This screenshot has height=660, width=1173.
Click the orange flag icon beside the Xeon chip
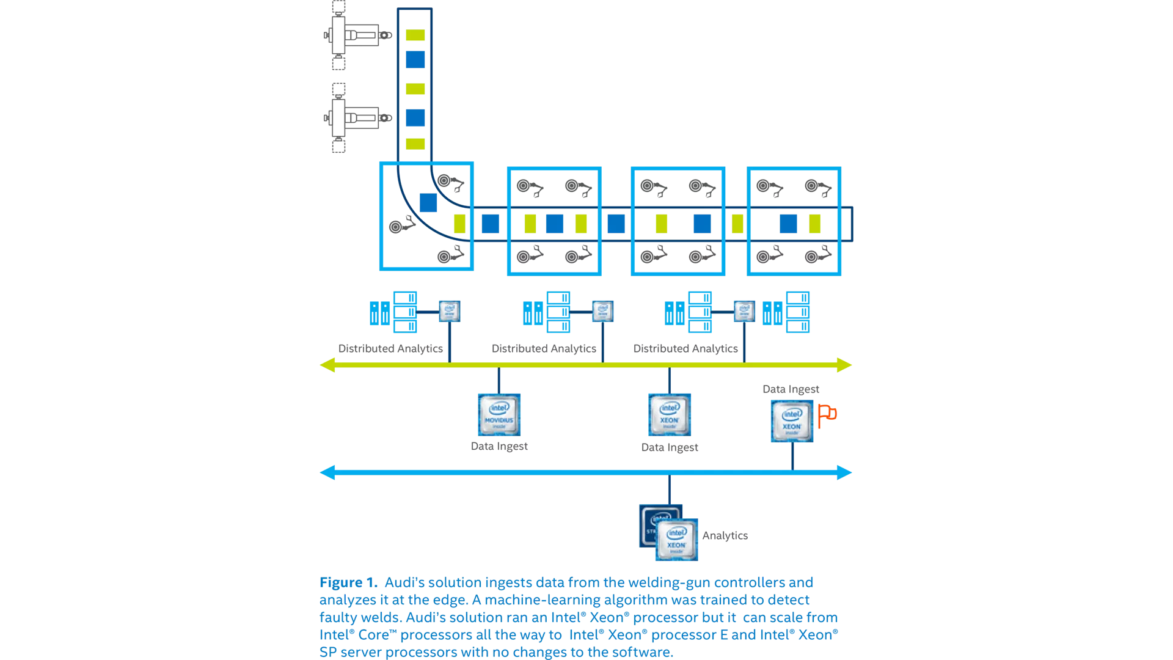pos(827,415)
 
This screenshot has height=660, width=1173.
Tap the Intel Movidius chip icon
pos(499,414)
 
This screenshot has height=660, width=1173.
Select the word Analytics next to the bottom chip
pos(725,535)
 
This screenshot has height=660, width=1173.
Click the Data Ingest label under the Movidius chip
pos(499,446)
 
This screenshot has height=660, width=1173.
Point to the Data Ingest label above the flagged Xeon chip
pos(791,389)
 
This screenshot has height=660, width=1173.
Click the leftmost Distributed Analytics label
pos(390,348)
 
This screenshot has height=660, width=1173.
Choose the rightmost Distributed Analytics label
pos(685,348)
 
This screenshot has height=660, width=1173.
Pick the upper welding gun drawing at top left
pos(357,35)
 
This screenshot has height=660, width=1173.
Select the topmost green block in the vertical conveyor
pos(415,35)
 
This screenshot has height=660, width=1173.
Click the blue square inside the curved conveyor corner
pos(428,202)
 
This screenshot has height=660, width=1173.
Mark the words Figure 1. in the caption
pos(348,582)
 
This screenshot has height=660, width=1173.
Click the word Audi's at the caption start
pos(404,582)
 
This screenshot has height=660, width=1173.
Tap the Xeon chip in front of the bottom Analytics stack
pos(676,540)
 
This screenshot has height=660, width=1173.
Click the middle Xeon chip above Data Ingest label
pos(670,414)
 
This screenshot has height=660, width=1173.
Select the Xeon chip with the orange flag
pos(792,421)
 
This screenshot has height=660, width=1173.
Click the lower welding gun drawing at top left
pos(357,117)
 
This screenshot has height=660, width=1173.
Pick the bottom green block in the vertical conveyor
pos(415,144)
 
